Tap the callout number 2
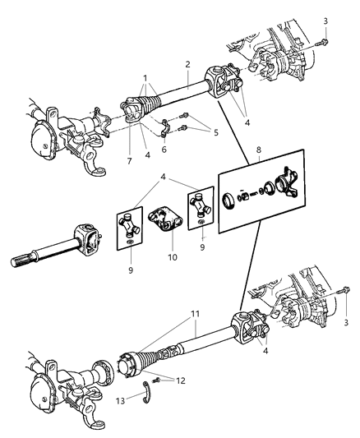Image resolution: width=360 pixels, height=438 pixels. tap(187, 63)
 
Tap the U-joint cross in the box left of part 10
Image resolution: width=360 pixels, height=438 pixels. tap(128, 225)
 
